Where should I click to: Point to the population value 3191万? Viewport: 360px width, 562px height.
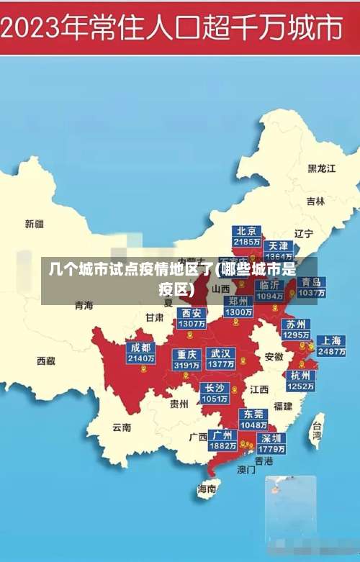(186, 365)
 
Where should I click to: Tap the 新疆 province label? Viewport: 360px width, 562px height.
(35, 224)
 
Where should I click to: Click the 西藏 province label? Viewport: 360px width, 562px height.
(46, 361)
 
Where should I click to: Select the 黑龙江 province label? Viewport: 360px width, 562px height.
(322, 168)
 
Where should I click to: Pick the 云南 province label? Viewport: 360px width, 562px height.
(122, 427)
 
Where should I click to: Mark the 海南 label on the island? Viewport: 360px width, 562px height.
(207, 489)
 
